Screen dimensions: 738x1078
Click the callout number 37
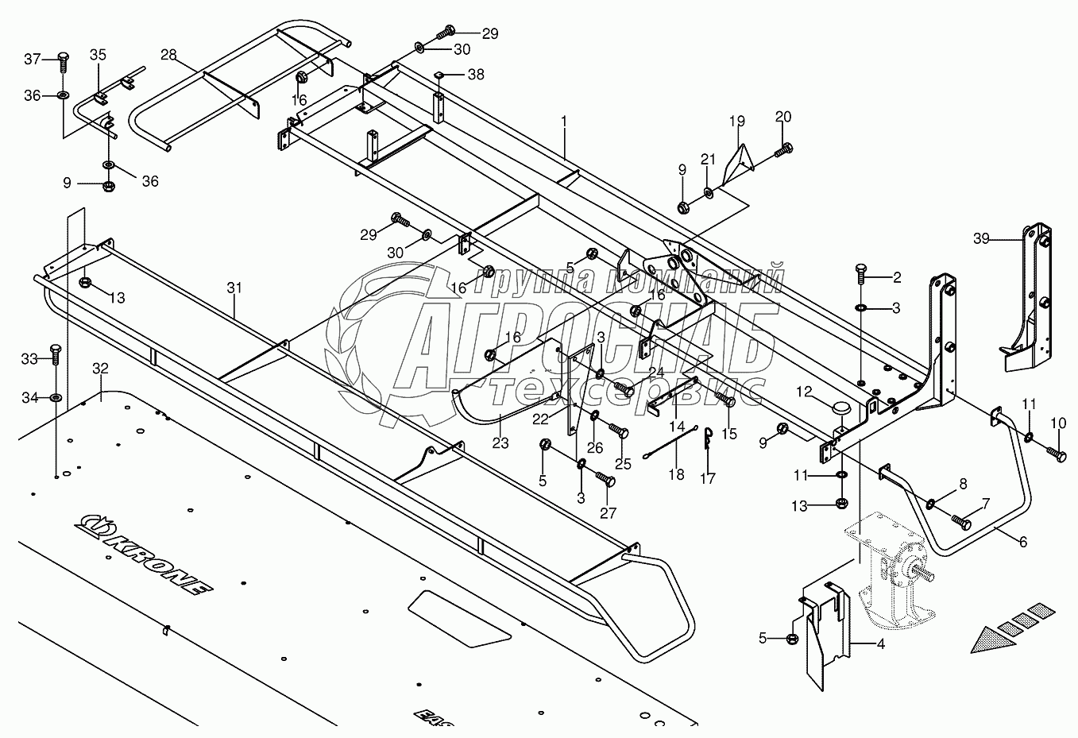pyautogui.click(x=32, y=59)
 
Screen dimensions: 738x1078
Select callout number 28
pyautogui.click(x=168, y=55)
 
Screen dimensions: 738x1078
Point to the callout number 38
pyautogui.click(x=475, y=75)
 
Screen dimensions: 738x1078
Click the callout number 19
pyautogui.click(x=737, y=122)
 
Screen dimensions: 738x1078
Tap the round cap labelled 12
pyautogui.click(x=840, y=408)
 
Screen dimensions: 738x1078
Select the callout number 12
pyautogui.click(x=805, y=391)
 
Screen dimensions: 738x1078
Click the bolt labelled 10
pyautogui.click(x=1057, y=454)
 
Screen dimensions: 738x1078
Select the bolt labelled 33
pyautogui.click(x=55, y=354)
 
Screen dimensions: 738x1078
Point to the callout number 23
pyautogui.click(x=500, y=443)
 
